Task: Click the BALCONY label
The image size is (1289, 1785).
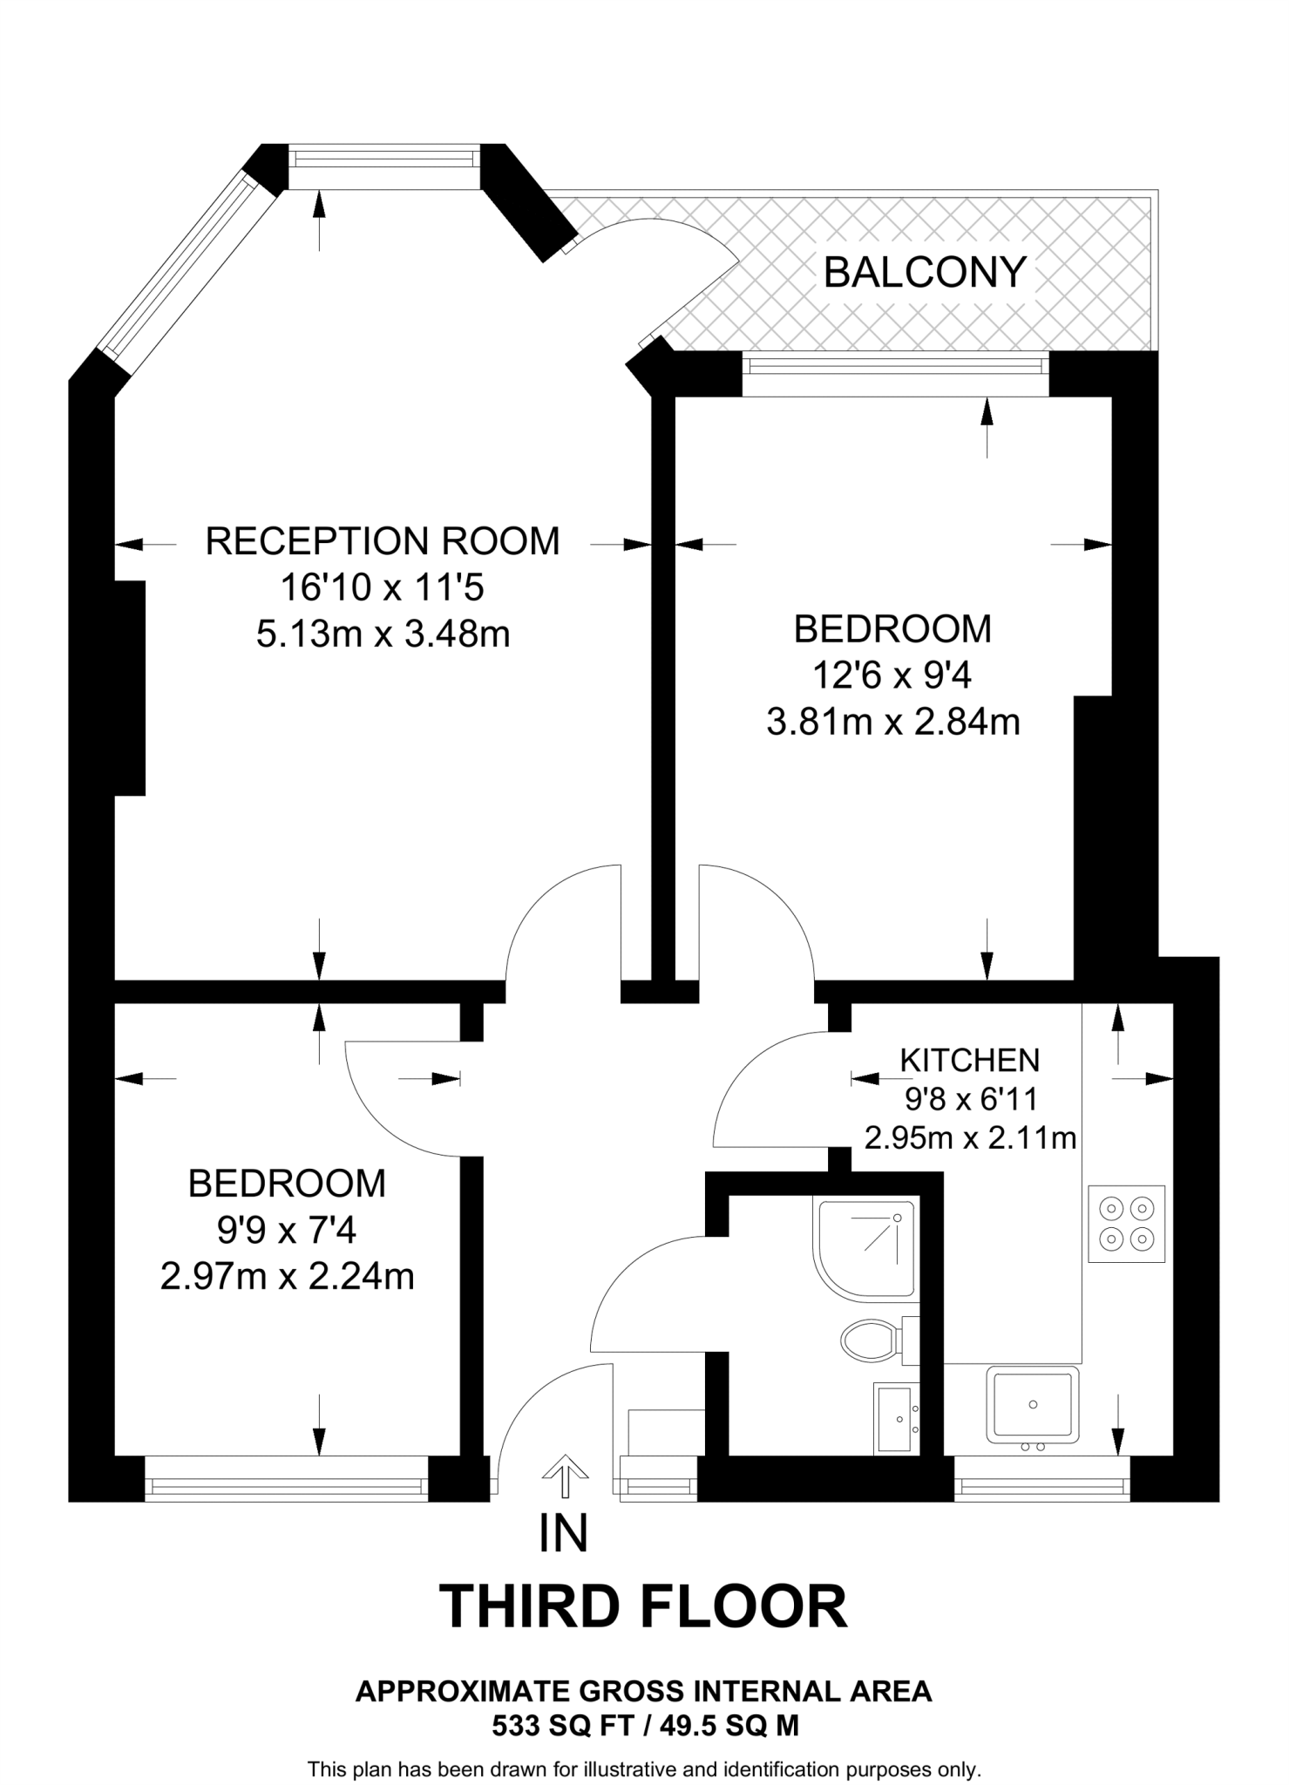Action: click(925, 273)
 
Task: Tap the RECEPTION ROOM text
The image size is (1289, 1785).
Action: click(382, 541)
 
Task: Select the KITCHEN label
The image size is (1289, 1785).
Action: click(969, 1060)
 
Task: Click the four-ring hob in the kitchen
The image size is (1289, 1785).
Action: click(1126, 1224)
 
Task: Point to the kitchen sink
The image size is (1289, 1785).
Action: click(1032, 1404)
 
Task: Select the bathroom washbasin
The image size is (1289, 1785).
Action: click(896, 1419)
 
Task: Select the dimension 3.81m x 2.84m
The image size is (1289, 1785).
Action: click(892, 723)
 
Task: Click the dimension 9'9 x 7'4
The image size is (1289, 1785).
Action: click(287, 1231)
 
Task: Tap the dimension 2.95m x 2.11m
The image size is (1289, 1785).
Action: click(969, 1138)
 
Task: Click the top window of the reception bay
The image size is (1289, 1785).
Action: click(384, 159)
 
